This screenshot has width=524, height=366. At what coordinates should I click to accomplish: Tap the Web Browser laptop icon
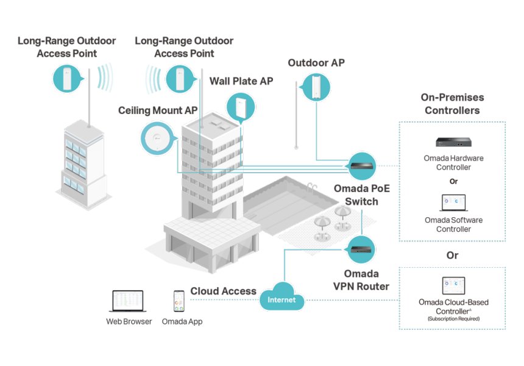pos(127,302)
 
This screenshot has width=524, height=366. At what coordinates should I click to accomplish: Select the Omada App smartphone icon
pos(179,301)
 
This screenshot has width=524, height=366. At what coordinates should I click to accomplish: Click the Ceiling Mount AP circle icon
pos(158,137)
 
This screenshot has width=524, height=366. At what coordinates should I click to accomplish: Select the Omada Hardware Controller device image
pos(453,142)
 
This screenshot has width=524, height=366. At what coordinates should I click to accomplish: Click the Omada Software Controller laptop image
pos(453,203)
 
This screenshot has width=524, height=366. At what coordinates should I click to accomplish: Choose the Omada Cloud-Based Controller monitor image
pos(453,286)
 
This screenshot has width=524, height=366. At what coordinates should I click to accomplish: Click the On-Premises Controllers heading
pos(452,104)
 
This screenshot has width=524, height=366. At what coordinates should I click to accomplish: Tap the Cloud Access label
pos(223,291)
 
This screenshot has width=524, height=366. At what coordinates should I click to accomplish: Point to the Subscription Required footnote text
pos(453,318)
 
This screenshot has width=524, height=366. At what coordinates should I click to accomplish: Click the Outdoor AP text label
pos(316,63)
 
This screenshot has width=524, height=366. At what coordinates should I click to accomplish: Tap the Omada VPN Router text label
pos(361,280)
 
